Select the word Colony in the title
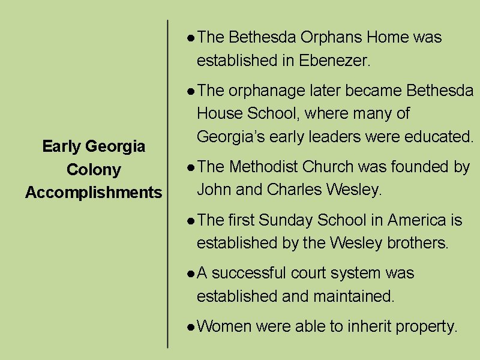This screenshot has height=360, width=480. (94, 170)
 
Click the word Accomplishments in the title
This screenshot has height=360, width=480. (94, 193)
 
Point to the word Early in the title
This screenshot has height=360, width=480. (62, 146)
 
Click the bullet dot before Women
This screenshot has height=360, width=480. (190, 328)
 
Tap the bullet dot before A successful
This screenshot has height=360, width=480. (190, 274)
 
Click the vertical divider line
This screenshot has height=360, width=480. (167, 180)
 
